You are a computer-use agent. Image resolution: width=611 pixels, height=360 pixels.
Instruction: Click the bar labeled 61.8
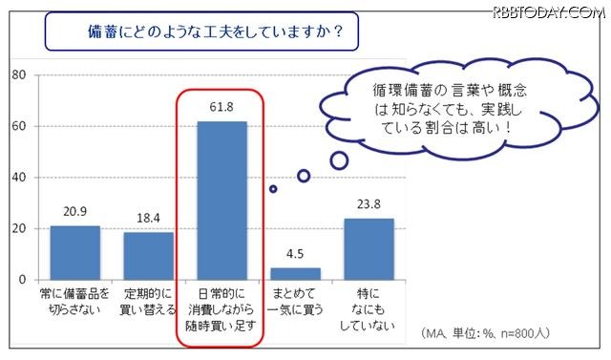coord(221,200)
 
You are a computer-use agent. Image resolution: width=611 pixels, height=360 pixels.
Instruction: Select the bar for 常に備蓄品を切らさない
coord(74,252)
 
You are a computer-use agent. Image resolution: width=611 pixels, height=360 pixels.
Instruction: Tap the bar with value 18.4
coord(148,255)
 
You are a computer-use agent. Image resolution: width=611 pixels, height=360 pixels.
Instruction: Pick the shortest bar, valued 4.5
coord(296,273)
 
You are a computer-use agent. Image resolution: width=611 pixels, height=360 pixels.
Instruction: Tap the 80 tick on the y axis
coord(17,74)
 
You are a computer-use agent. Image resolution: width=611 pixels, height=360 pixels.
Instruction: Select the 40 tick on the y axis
coord(17,178)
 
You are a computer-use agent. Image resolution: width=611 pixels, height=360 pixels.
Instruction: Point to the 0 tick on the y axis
coord(21,280)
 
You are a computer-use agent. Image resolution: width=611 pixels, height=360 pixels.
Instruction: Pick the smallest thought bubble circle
coord(273,189)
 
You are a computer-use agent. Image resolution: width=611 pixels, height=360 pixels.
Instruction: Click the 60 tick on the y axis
coord(17,126)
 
